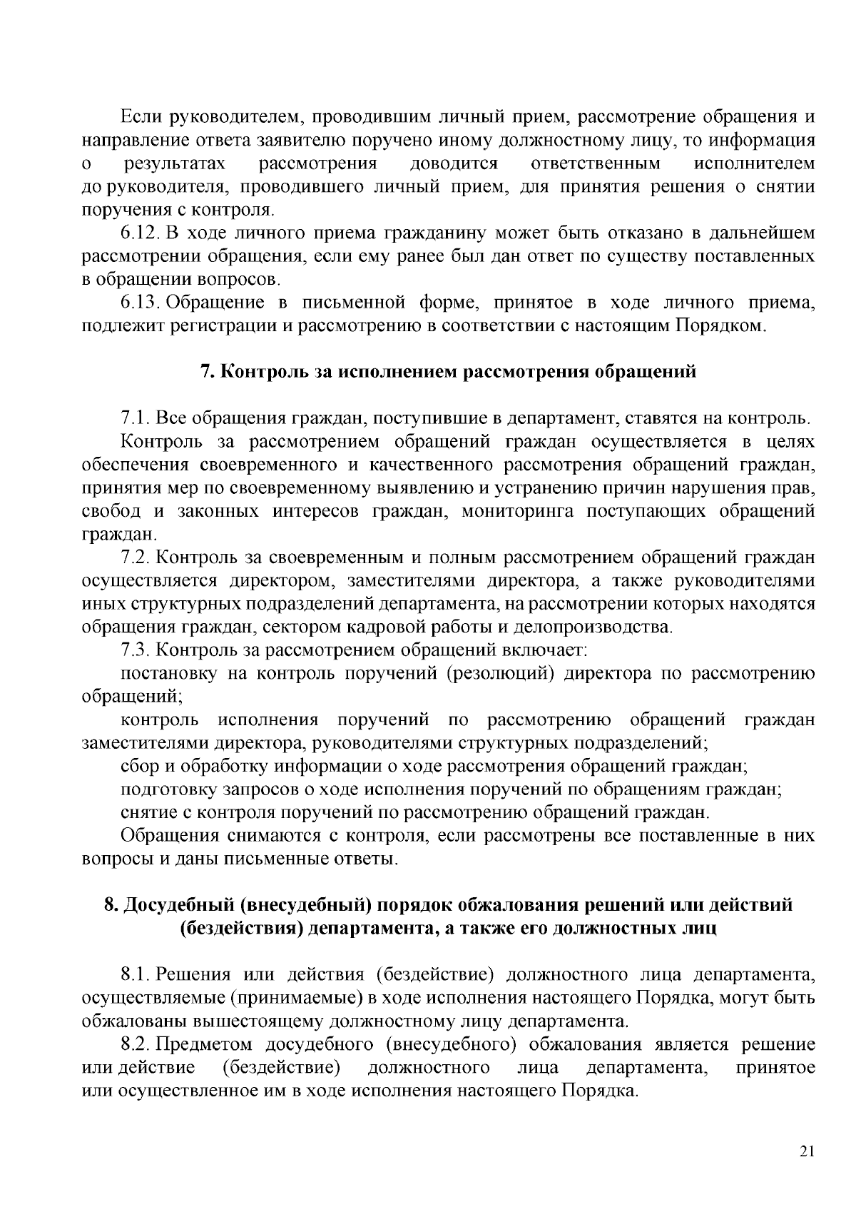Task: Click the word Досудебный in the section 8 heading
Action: (178, 906)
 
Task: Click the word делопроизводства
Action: (608, 627)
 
